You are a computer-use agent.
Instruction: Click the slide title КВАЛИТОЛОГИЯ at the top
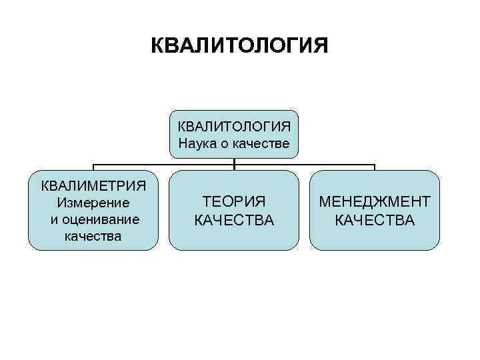click(x=239, y=46)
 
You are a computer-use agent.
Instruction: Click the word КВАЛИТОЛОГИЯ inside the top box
click(x=233, y=126)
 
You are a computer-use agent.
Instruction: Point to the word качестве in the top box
click(x=262, y=143)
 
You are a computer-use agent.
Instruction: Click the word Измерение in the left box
click(x=93, y=202)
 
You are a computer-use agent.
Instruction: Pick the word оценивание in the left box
click(x=99, y=219)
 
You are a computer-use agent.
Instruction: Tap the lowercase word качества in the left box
click(x=93, y=235)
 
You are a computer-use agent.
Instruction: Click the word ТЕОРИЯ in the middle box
click(x=233, y=202)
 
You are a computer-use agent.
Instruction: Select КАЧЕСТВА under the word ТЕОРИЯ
click(x=233, y=220)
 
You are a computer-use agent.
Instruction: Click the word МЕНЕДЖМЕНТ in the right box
click(x=375, y=202)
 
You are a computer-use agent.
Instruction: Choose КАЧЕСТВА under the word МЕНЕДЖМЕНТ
click(x=375, y=220)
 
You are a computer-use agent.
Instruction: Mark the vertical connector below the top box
click(x=234, y=161)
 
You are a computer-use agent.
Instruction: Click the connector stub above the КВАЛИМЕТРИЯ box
click(x=93, y=167)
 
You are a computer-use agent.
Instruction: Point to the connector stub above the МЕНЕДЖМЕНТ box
click(x=375, y=167)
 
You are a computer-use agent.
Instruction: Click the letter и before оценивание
click(x=54, y=219)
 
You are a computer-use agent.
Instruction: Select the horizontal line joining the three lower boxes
click(x=167, y=164)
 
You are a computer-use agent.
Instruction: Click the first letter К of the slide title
click(x=157, y=46)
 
